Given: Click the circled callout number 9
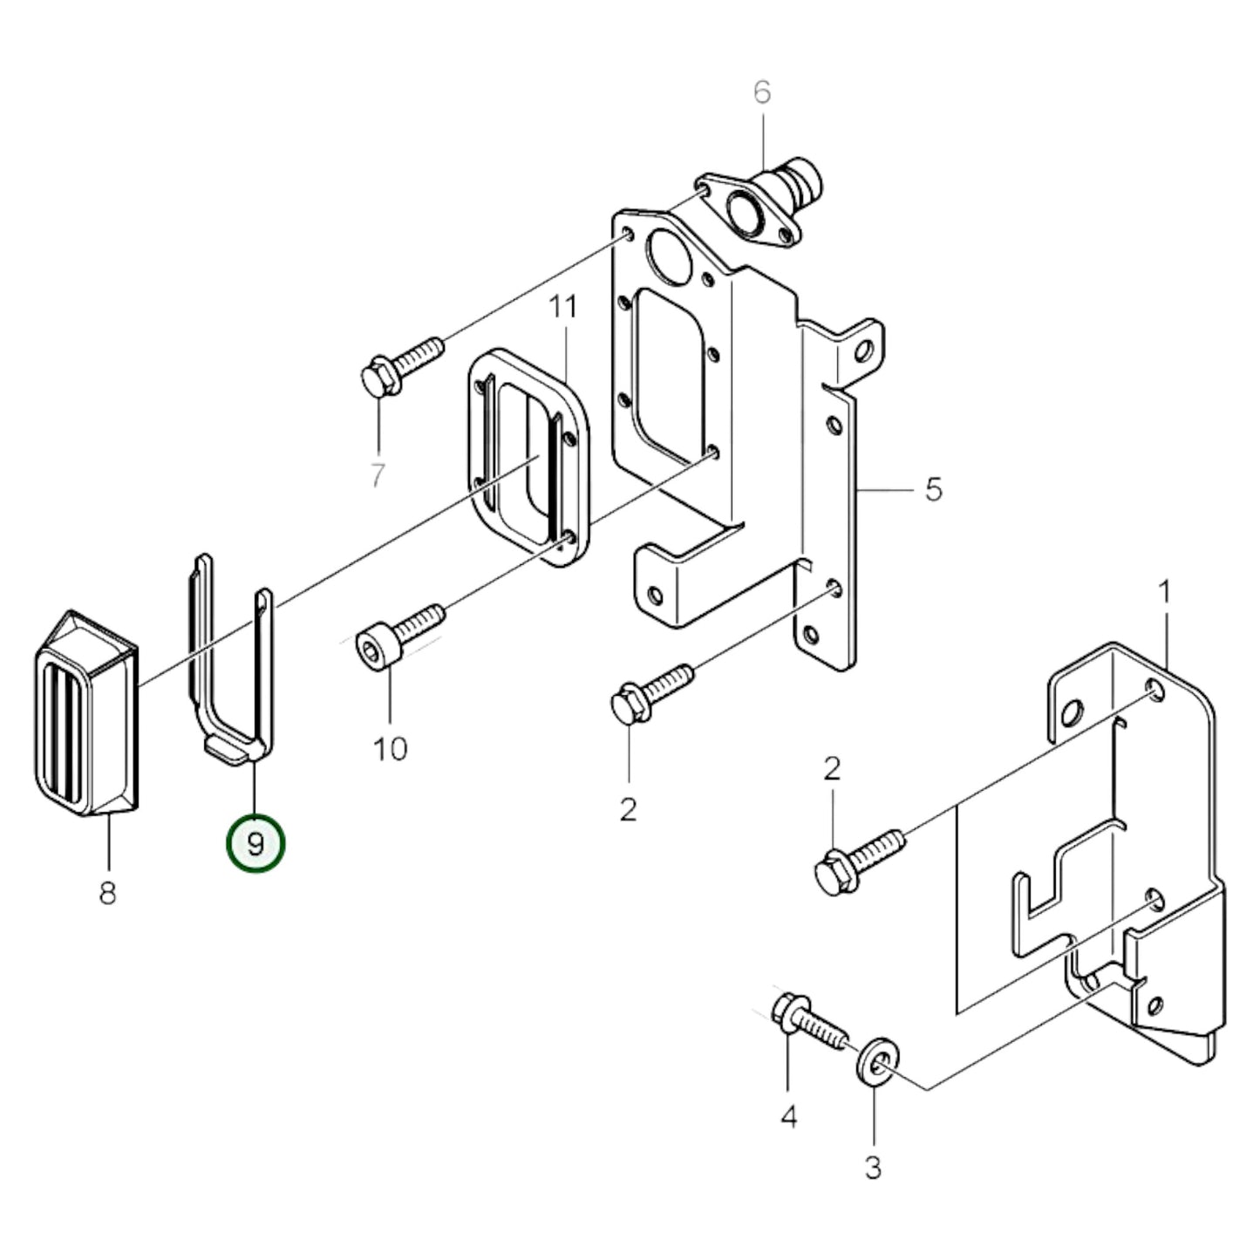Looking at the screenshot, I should (255, 844).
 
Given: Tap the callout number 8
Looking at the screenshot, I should (107, 893).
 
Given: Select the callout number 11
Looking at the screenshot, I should (563, 306).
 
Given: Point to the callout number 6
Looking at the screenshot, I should (762, 92).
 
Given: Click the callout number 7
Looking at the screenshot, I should (377, 475).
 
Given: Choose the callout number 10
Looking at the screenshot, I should (390, 748).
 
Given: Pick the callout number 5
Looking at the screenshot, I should (933, 490).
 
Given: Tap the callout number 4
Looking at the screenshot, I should (788, 1116).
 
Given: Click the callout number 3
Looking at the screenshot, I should (873, 1166).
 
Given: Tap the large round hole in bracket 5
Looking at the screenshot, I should (667, 257).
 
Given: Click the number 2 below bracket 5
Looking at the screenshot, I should (628, 809).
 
